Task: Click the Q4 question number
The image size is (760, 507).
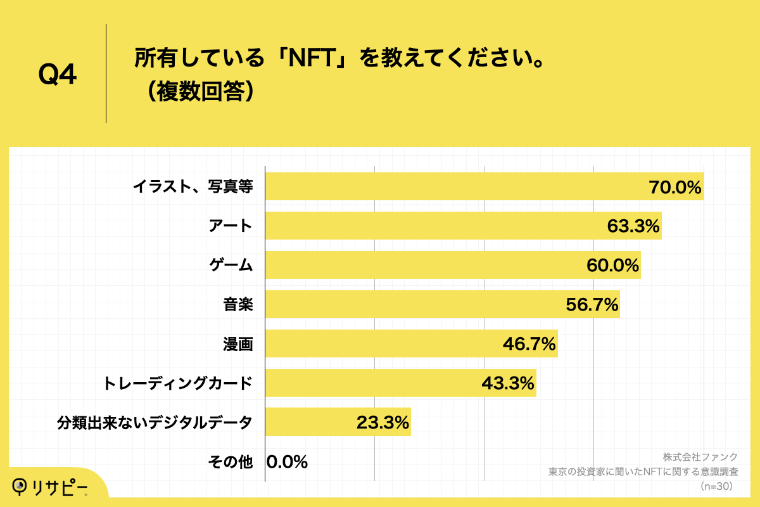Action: (58, 75)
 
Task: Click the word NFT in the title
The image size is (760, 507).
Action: (312, 59)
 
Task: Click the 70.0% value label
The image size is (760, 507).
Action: (675, 187)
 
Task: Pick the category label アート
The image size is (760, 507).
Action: (231, 226)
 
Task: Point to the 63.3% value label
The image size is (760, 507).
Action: (633, 226)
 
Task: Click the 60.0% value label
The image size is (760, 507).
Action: (612, 266)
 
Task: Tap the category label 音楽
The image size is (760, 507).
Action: (238, 305)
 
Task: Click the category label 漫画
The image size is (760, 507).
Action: (238, 344)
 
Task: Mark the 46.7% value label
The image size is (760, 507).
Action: (529, 344)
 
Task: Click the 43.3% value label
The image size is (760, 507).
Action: (508, 383)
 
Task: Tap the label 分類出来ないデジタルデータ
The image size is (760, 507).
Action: (155, 423)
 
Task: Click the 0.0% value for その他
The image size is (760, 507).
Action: (287, 462)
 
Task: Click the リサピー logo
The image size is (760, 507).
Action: (51, 486)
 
